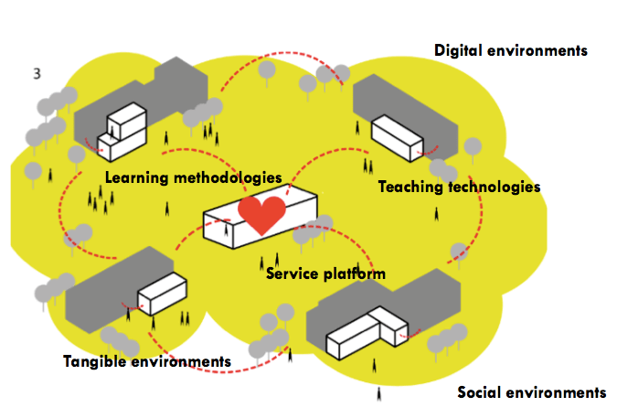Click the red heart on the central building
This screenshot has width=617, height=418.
click(261, 215)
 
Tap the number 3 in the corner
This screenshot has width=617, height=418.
click(37, 73)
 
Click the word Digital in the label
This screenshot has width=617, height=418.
click(459, 50)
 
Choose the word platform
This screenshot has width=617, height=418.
click(355, 273)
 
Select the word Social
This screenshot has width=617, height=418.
click(480, 392)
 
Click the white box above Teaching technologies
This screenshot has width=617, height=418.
click(397, 137)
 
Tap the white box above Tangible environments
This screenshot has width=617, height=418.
click(162, 292)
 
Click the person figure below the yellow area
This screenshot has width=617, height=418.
click(378, 395)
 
